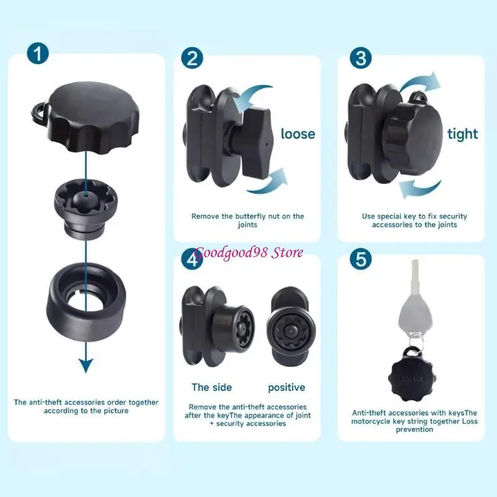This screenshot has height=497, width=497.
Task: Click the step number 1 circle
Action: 39,54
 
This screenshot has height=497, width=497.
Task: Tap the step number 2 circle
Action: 192,58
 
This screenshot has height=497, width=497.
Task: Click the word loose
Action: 298,134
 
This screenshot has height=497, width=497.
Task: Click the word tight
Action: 463,134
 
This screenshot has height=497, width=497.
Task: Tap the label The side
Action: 211,387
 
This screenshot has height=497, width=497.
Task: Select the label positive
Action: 286,388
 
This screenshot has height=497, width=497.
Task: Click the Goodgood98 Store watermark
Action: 248,252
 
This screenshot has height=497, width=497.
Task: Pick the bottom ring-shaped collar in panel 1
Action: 86,298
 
